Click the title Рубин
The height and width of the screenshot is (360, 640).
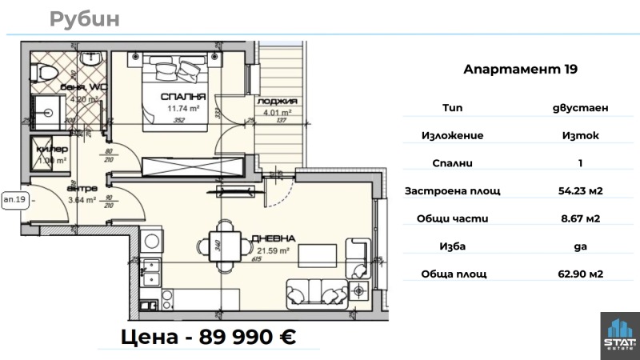tap(84, 19)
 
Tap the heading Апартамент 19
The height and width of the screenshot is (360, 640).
tap(520, 70)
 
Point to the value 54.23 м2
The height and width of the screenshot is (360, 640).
tap(581, 190)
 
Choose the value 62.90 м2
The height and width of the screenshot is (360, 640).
tap(581, 274)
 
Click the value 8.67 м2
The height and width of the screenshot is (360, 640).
tap(581, 218)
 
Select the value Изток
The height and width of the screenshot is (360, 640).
tap(581, 135)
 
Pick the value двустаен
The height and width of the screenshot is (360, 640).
tap(581, 107)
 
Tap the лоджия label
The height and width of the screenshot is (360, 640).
tap(278, 102)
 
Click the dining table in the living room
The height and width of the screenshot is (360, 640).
tap(225, 245)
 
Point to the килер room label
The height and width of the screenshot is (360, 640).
tap(49, 150)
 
